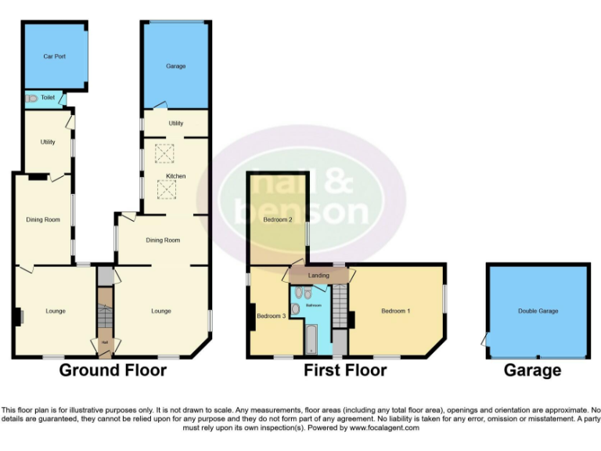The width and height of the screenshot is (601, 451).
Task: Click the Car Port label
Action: [54, 56]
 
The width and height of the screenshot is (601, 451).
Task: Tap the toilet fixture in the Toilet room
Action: [31, 99]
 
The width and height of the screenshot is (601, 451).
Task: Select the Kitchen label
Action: [175, 177]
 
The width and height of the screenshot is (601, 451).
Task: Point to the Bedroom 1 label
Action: [394, 311]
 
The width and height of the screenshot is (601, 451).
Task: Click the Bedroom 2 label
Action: [278, 220]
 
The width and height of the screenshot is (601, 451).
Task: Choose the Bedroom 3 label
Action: [271, 316]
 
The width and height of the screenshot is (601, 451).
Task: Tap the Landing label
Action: [318, 276]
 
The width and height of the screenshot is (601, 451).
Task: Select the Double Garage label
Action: [538, 311]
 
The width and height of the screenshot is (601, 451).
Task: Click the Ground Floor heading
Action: [113, 370]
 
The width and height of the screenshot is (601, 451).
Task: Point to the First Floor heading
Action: [345, 370]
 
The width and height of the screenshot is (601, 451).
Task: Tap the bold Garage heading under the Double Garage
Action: [532, 370]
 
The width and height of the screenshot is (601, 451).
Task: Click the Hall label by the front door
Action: [104, 342]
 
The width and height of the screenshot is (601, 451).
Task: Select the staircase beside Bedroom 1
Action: [339, 307]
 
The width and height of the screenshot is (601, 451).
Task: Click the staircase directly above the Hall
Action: [104, 310]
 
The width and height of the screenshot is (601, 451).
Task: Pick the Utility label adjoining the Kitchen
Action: [175, 123]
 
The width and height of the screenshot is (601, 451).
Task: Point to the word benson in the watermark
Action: [302, 211]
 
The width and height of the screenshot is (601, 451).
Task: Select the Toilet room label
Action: [48, 98]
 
